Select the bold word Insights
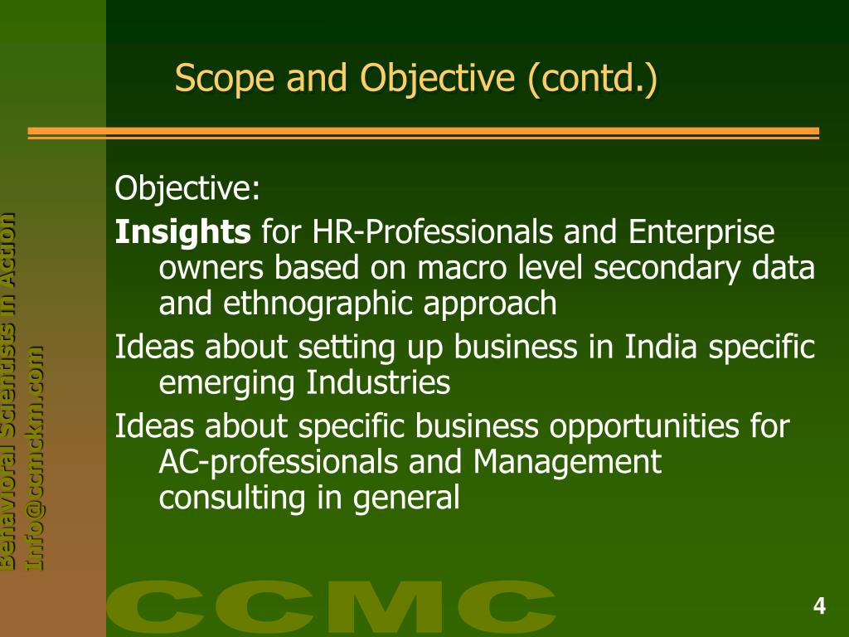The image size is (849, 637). (x=182, y=232)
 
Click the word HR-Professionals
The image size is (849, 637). (x=434, y=232)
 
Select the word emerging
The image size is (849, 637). (x=228, y=383)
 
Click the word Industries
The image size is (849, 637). (x=379, y=382)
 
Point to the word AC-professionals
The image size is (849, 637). (x=279, y=462)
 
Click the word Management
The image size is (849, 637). (x=568, y=462)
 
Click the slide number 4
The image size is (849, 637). (x=819, y=606)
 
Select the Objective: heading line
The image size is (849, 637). (x=187, y=189)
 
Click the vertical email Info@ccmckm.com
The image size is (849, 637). (x=36, y=457)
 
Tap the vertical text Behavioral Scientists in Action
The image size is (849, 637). (x=7, y=390)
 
